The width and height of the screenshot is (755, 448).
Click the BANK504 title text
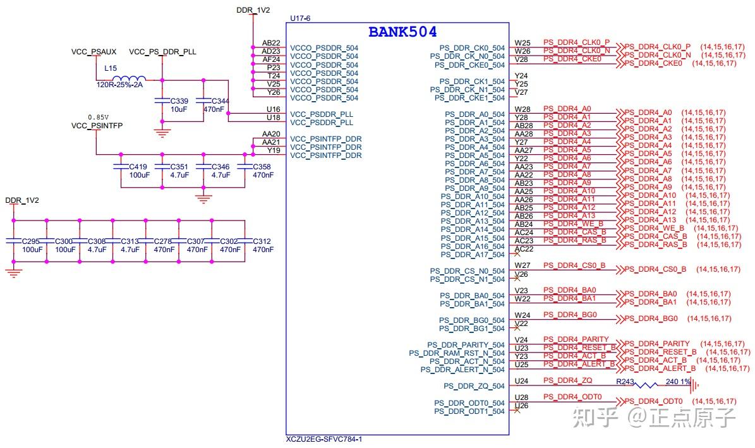[402, 32]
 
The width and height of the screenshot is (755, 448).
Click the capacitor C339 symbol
[162, 101]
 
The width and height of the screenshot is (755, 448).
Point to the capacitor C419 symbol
[121, 167]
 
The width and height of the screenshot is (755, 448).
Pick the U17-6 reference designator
[300, 18]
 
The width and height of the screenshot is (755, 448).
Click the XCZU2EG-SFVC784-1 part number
[324, 439]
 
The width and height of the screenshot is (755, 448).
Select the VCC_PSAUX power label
[94, 52]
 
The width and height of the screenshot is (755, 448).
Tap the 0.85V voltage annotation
[98, 117]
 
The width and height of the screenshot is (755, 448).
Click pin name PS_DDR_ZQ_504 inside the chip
[474, 386]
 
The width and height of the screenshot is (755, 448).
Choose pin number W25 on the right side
[522, 43]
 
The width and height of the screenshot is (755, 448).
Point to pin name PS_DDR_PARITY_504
[466, 345]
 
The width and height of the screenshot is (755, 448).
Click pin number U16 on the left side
[274, 109]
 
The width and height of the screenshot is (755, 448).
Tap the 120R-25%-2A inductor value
[120, 85]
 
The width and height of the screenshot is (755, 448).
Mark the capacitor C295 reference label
[31, 241]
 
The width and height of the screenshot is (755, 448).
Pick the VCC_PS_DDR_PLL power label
[163, 52]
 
